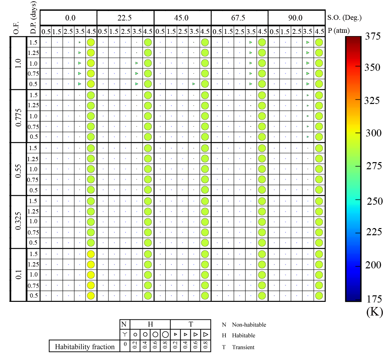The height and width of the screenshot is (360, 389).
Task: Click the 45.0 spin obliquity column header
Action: [x=181, y=18]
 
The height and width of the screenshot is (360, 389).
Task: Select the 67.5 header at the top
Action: [x=238, y=18]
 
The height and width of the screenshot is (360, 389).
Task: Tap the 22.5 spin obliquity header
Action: [x=124, y=18]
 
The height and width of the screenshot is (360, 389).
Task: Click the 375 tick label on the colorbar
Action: [x=372, y=36]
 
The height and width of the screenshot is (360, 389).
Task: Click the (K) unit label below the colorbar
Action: [x=374, y=312]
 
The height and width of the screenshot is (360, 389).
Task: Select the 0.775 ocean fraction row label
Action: [x=19, y=116]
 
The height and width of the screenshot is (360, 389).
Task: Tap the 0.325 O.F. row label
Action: [x=19, y=222]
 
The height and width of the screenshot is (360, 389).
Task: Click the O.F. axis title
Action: [x=16, y=28]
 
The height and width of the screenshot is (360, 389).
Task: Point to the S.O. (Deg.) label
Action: [x=345, y=18]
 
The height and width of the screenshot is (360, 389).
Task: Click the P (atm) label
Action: [x=339, y=31]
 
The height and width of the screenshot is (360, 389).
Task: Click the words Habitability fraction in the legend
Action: [x=85, y=347]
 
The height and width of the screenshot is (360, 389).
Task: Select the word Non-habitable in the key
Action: [x=249, y=325]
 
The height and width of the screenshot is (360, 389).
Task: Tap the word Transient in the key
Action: [x=243, y=347]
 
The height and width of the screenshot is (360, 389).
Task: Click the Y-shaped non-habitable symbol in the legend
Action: [x=125, y=334]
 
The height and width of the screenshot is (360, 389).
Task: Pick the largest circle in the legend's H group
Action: [x=165, y=334]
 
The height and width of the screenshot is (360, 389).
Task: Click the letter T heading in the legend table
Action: [x=191, y=324]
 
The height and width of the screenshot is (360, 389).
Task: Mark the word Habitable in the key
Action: [x=244, y=335]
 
